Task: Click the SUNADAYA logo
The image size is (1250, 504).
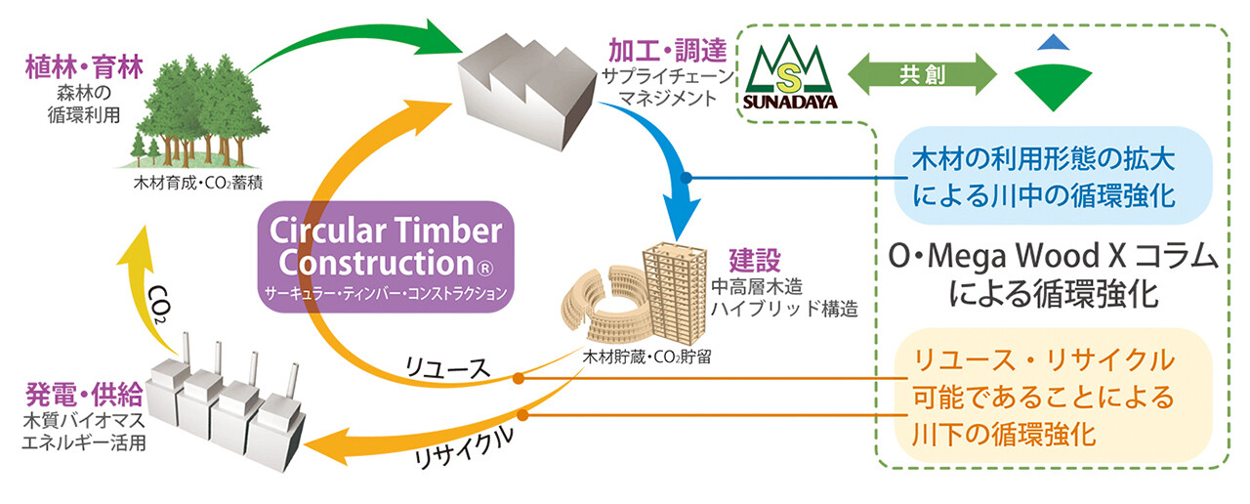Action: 789,73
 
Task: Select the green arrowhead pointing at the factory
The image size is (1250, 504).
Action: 444,40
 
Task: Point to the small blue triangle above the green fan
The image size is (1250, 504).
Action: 1051,42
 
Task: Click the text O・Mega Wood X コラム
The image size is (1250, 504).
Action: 1044,260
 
